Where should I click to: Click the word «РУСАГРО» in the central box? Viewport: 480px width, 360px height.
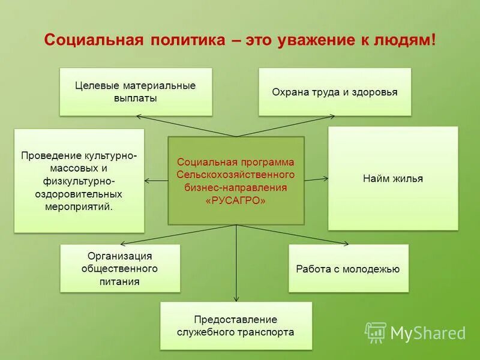[x=236, y=201]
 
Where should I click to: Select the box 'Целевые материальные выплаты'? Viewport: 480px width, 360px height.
[x=136, y=92]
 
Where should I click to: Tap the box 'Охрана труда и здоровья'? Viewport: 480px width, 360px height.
[x=335, y=92]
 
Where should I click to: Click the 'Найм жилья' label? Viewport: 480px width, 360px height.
[x=393, y=178]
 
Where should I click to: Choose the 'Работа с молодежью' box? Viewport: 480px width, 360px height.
[x=348, y=269]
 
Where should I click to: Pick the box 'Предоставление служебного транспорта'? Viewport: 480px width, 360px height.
[x=236, y=325]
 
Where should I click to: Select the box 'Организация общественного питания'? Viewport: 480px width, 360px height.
[x=120, y=268]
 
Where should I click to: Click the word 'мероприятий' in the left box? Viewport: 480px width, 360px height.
[x=78, y=206]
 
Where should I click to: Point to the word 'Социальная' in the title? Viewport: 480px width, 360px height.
[x=94, y=40]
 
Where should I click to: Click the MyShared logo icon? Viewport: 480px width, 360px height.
[x=376, y=332]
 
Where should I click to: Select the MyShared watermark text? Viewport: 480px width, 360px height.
[x=428, y=333]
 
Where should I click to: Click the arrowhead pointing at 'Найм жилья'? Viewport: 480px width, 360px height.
[x=326, y=178]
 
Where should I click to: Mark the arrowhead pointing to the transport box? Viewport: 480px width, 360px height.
[x=236, y=298]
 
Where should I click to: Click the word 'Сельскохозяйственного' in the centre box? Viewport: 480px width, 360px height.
[x=236, y=175]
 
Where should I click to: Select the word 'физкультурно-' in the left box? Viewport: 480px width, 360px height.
[x=79, y=181]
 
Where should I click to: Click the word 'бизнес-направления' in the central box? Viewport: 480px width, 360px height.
[x=236, y=188]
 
